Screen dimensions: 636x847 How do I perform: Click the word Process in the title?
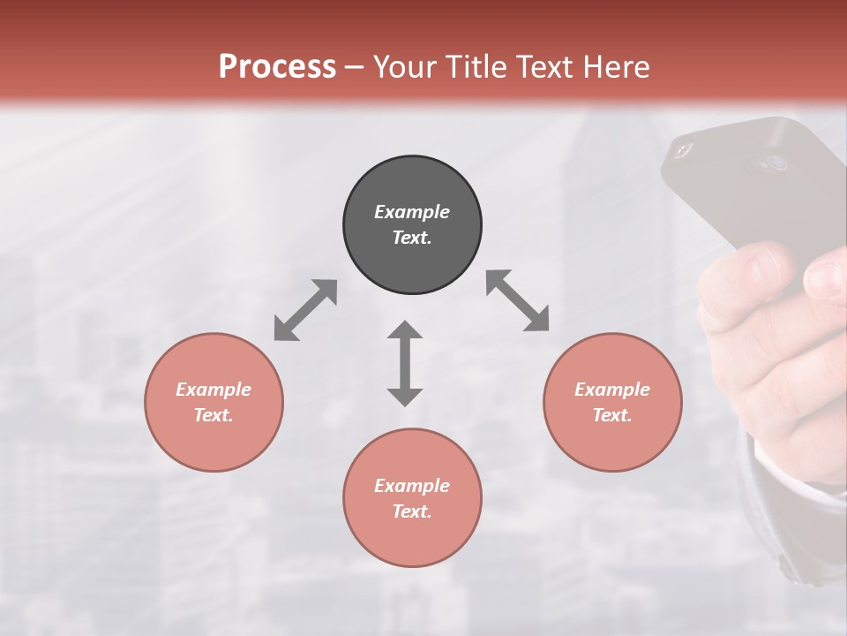click(x=277, y=67)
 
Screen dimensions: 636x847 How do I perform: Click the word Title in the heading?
click(x=476, y=67)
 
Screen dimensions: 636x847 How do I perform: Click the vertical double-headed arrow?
click(x=405, y=363)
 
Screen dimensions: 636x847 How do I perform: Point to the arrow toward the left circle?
click(x=305, y=310)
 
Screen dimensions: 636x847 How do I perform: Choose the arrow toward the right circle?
click(x=518, y=301)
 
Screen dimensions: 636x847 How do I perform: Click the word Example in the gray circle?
click(x=412, y=212)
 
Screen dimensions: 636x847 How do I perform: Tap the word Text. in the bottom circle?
click(x=412, y=511)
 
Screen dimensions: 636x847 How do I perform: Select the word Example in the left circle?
click(x=214, y=390)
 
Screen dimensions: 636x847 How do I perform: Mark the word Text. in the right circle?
click(x=612, y=415)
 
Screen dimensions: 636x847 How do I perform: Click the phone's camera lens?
click(x=776, y=163)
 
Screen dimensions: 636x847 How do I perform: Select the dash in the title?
click(x=354, y=67)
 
